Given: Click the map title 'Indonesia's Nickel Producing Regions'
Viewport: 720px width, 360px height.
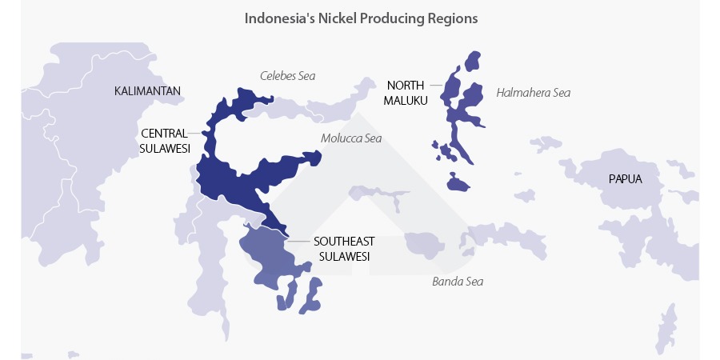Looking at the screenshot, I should (361, 18).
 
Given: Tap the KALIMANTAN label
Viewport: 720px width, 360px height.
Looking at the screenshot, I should (148, 91).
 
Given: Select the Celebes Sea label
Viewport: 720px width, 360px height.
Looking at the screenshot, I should (287, 76).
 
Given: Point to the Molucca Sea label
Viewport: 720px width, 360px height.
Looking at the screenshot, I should (351, 138).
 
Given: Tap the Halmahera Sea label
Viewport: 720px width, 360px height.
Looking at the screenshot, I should (533, 93).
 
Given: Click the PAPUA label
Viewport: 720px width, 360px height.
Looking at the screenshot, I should (625, 179).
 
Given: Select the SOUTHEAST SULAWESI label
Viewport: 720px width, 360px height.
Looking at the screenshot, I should (344, 248).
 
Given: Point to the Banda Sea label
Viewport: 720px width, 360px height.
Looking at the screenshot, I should (457, 282).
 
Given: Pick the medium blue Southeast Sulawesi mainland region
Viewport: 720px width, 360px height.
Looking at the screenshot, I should (268, 252).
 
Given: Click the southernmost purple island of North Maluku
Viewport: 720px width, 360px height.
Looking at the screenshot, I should (457, 183).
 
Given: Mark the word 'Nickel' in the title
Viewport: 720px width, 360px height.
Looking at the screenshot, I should (332, 18).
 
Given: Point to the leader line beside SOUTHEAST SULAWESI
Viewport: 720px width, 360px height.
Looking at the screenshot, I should (299, 241).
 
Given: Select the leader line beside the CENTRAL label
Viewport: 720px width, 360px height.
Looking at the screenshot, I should (194, 134).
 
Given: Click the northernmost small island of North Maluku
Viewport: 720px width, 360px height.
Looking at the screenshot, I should (473, 61).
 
